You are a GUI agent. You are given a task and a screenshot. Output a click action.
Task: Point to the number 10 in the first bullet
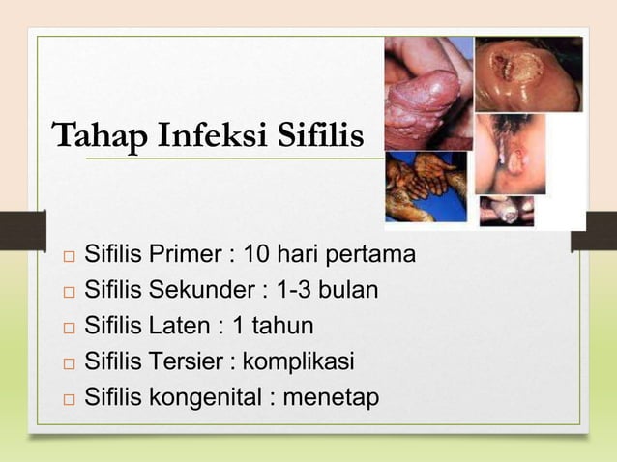[256, 256]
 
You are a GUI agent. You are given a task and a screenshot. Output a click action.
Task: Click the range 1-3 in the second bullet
[296, 291]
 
